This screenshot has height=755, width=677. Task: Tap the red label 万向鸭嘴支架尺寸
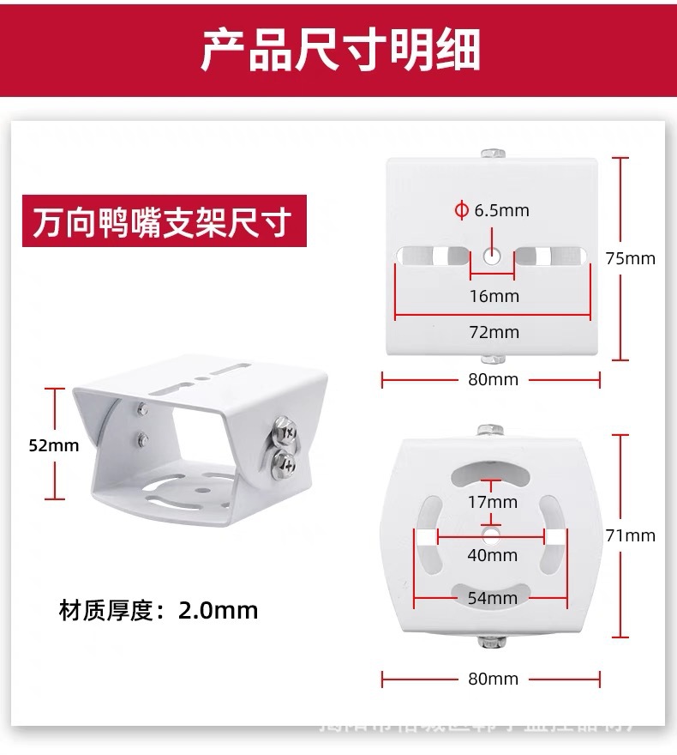pos(163,221)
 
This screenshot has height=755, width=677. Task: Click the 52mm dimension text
pos(53,444)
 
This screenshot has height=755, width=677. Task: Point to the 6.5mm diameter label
pos(501,210)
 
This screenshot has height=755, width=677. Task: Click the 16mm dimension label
pos(494,296)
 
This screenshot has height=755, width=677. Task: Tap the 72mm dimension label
pos(494,332)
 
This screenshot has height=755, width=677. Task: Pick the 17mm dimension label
pos(492,501)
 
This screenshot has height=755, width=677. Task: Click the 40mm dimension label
pos(492,555)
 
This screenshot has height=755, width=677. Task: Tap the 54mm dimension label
pos(492,597)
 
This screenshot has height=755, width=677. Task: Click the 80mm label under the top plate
pos(493,379)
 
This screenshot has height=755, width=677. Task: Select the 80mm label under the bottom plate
pos(493,679)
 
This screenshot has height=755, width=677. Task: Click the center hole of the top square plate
pos(493,255)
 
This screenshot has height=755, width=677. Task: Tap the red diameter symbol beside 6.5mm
pos(461,210)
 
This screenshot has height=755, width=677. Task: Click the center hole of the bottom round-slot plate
pos(491,535)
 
